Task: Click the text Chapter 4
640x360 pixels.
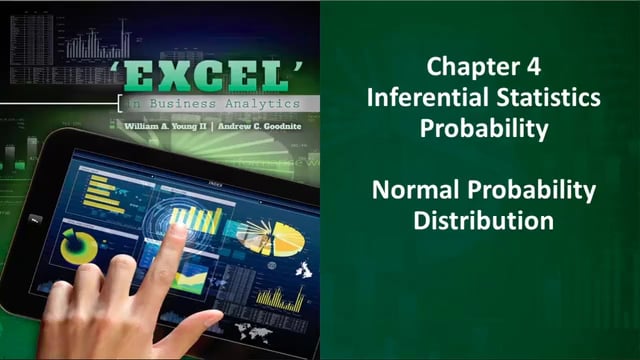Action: click(483, 69)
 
